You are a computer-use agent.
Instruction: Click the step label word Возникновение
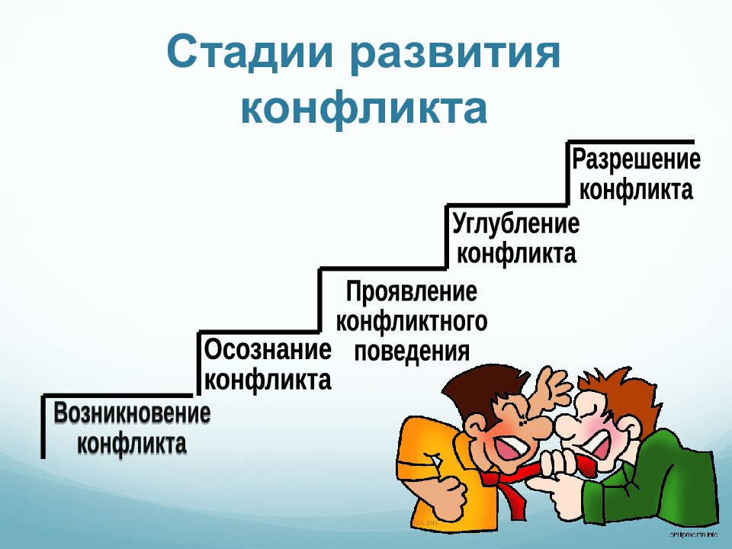click(x=132, y=415)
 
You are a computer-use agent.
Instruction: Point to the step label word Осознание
click(x=268, y=352)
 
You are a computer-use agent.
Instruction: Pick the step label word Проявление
click(x=412, y=292)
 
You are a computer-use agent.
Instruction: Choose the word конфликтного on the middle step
click(x=412, y=322)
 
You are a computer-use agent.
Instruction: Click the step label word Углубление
click(x=515, y=225)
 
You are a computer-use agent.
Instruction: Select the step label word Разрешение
click(x=636, y=160)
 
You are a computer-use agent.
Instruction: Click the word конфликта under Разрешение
click(x=636, y=190)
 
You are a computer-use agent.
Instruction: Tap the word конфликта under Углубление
click(x=515, y=253)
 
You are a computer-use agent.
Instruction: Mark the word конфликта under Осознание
click(x=268, y=380)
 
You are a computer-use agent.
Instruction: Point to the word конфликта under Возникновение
click(x=132, y=443)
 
